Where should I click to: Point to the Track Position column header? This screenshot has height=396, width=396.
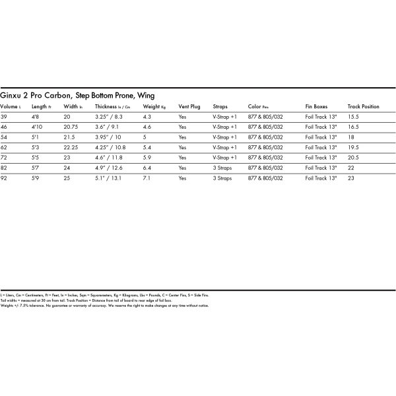(363, 106)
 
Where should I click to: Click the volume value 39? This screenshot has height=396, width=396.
(4, 116)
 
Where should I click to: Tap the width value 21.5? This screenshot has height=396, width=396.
(69, 137)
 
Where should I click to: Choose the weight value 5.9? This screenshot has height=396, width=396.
(147, 158)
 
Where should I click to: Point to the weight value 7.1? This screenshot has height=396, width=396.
(147, 178)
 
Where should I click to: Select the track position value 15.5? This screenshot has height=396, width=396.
(354, 116)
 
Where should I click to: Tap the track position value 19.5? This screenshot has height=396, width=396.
(354, 147)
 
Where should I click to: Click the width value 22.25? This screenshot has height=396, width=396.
(71, 147)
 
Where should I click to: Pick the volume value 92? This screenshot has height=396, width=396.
(4, 178)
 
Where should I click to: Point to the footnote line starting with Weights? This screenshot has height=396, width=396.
(105, 306)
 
